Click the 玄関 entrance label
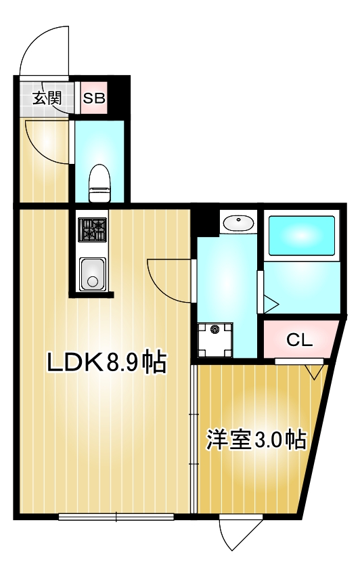pos(46,97)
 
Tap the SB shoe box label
pos(94,98)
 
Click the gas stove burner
pos(92,230)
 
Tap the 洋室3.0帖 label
pos(256,440)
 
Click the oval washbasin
pos(238,222)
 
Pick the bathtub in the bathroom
pos(300,235)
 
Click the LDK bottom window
pos(116,517)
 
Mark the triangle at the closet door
pos(313,371)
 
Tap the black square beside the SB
pos(118,98)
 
